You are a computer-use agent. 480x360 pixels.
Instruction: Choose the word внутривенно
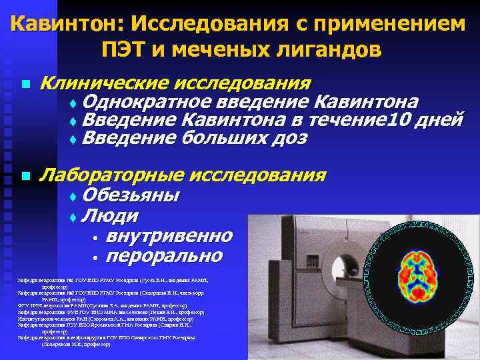(x=169, y=237)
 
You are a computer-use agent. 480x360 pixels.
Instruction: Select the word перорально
(x=164, y=257)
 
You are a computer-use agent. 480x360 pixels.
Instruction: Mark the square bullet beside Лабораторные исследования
(x=25, y=177)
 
